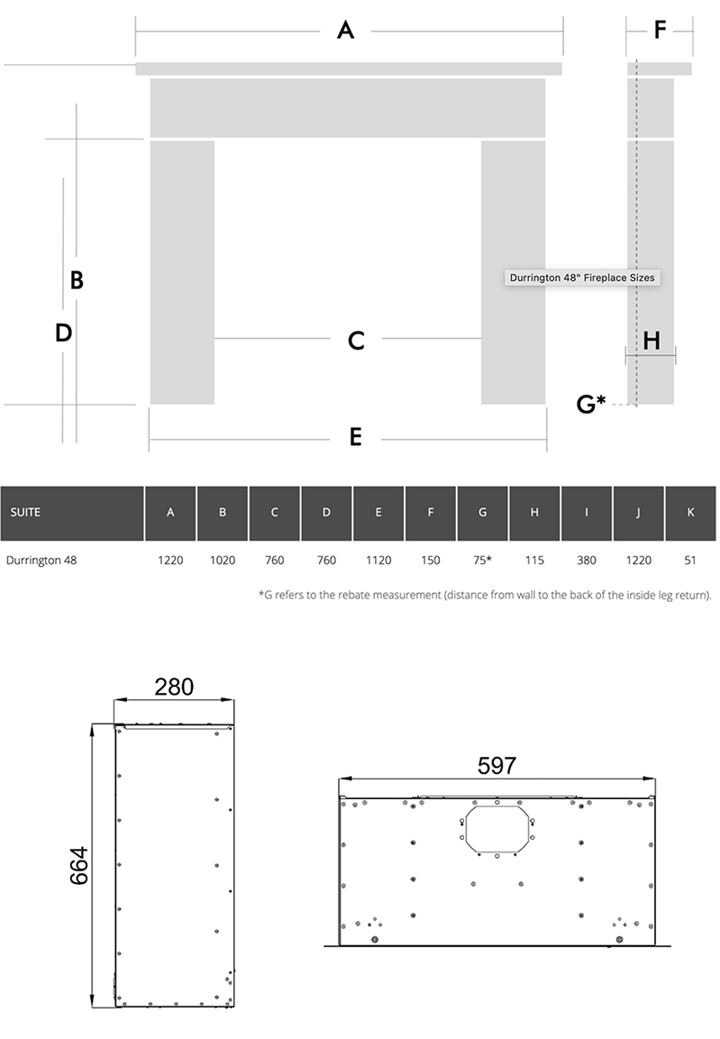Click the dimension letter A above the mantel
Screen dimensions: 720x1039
coord(345,30)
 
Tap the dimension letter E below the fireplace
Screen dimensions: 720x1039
coord(356,437)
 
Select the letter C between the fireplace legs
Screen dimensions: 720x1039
coord(356,341)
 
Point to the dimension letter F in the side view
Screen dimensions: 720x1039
coord(660,30)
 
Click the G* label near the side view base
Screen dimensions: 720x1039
coord(591,403)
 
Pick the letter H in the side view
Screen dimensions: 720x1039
coord(652,341)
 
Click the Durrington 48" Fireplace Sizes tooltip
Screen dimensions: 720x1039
coord(582,278)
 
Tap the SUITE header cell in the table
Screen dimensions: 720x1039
coord(25,512)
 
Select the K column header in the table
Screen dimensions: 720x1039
coord(691,512)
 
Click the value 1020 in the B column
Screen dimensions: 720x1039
coord(223,561)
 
